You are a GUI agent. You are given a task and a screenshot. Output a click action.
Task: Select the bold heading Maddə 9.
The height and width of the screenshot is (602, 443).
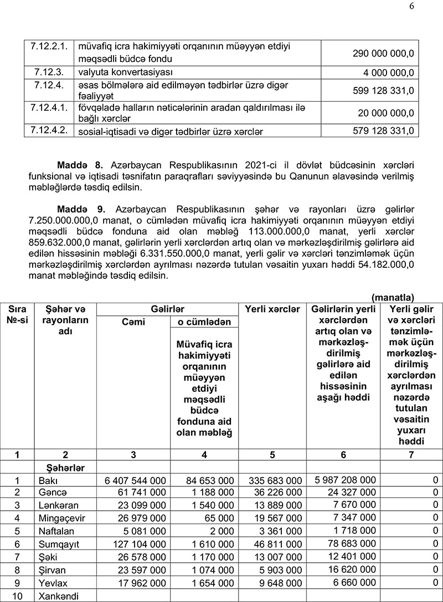81,210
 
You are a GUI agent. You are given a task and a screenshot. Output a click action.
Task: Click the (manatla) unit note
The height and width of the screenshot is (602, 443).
393,298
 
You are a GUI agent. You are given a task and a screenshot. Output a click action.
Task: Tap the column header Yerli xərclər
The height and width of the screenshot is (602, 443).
272,309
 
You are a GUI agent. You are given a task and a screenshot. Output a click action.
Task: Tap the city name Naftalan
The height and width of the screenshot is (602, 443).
55,531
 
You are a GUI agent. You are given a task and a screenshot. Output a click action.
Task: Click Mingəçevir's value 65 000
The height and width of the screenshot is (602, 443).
217,518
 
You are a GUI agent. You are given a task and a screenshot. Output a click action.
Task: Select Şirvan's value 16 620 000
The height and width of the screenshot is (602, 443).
349,569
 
